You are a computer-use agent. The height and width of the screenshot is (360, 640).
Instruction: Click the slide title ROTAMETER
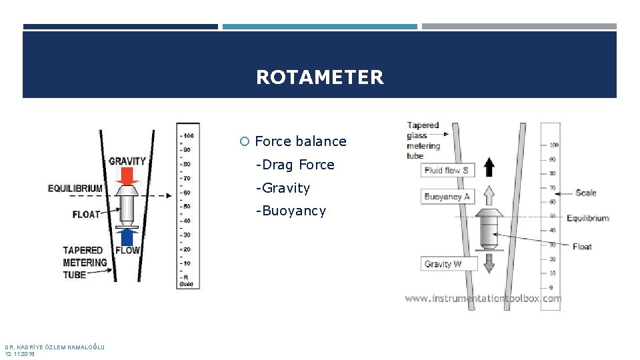(x=320, y=77)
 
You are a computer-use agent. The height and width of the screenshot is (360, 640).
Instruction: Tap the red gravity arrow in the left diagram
(x=126, y=176)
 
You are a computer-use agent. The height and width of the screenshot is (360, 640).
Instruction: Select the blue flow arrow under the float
(x=126, y=237)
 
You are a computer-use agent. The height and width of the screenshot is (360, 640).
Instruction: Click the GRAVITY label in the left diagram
(x=127, y=161)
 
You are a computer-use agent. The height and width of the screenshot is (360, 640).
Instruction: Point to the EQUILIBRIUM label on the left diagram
(x=75, y=189)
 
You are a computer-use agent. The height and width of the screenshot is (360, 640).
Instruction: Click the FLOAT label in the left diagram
(x=86, y=214)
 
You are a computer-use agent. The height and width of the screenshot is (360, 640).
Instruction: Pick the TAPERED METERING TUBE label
(x=85, y=262)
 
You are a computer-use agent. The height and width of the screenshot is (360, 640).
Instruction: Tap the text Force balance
(x=301, y=141)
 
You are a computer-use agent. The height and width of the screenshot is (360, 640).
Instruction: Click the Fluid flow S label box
(x=447, y=170)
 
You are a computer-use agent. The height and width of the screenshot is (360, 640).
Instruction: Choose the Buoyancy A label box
(x=447, y=197)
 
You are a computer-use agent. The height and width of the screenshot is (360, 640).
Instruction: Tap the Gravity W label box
(x=443, y=264)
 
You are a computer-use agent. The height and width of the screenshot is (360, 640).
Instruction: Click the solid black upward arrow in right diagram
(x=489, y=167)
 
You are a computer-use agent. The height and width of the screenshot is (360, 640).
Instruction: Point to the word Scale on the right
(x=586, y=193)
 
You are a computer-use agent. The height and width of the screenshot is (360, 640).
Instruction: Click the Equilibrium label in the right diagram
(x=587, y=218)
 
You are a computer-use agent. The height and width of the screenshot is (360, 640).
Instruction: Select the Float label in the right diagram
(x=582, y=247)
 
